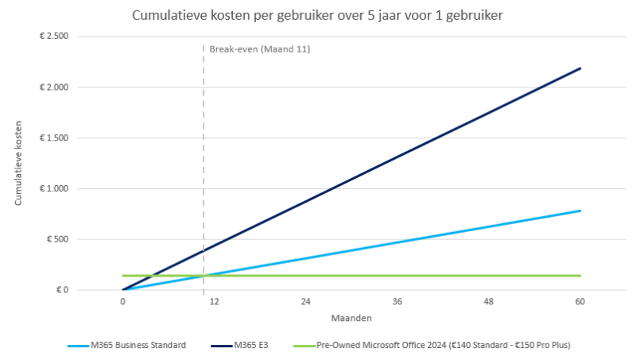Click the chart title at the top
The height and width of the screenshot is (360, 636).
click(x=317, y=15)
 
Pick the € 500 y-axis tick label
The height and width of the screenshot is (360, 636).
click(x=57, y=239)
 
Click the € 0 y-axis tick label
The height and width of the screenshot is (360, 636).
click(x=61, y=290)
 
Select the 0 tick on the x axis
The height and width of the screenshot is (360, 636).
click(x=122, y=302)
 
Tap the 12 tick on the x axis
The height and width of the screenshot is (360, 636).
click(x=214, y=302)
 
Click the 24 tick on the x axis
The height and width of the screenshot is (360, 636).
click(x=305, y=302)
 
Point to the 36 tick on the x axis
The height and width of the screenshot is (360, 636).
click(x=397, y=302)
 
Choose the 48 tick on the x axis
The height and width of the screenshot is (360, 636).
click(x=489, y=302)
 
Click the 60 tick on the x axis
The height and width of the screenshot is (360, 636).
click(x=580, y=302)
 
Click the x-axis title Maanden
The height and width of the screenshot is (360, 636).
click(x=351, y=318)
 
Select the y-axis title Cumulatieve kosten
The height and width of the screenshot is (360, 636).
click(x=18, y=164)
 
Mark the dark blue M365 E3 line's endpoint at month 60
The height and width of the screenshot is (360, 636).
click(x=580, y=68)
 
